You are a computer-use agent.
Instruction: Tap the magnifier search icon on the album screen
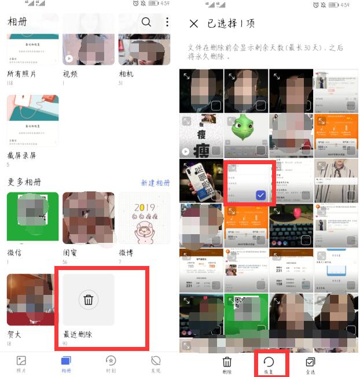click(146, 22)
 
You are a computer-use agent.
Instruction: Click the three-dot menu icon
click(167, 22)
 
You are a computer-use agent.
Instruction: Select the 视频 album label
click(70, 75)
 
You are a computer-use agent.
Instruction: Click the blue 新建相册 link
click(155, 183)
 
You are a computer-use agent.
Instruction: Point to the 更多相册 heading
click(24, 182)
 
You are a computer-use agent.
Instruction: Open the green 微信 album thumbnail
click(32, 218)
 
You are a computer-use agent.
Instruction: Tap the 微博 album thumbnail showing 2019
click(144, 218)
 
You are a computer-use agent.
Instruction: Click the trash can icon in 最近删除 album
click(88, 300)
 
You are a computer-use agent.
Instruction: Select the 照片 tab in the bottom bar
click(21, 363)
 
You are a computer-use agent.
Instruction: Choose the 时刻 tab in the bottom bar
click(111, 363)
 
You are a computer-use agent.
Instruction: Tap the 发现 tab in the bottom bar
click(156, 363)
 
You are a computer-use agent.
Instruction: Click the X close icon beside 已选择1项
click(193, 24)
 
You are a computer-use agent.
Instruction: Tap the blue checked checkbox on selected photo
click(261, 195)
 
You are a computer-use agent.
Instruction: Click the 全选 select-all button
click(310, 365)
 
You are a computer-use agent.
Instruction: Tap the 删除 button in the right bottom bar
click(227, 365)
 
